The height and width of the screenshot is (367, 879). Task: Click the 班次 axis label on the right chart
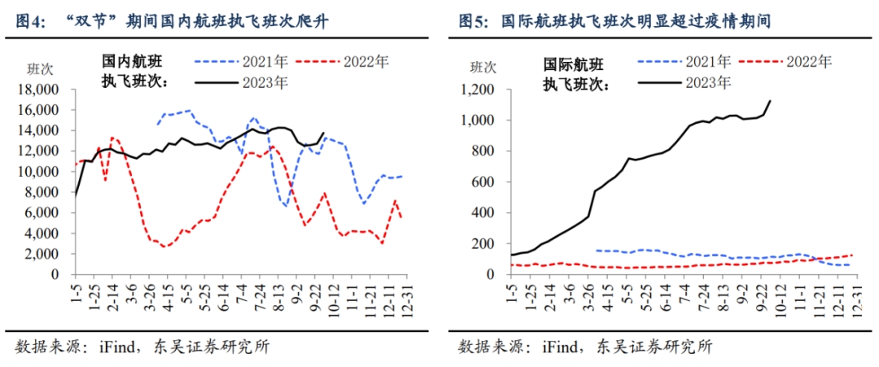[478, 68]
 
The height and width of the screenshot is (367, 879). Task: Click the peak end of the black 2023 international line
[770, 101]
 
